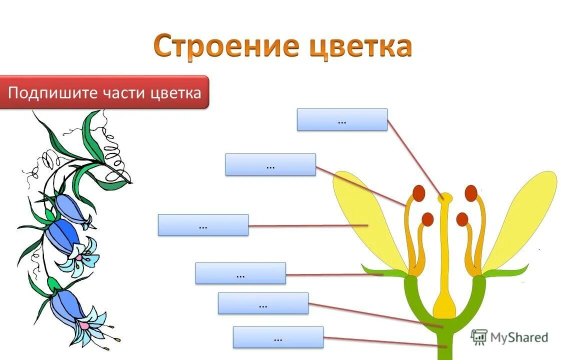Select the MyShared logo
point(509,337)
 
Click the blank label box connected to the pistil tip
point(342,120)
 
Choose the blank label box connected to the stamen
point(270,164)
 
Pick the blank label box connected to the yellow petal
point(203,225)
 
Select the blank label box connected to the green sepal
point(240,273)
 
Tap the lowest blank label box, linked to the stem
point(278,337)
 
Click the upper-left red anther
point(419,192)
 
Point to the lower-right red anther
point(462,219)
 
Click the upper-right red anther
point(470,192)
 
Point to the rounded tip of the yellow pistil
point(444,197)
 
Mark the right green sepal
point(505,272)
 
